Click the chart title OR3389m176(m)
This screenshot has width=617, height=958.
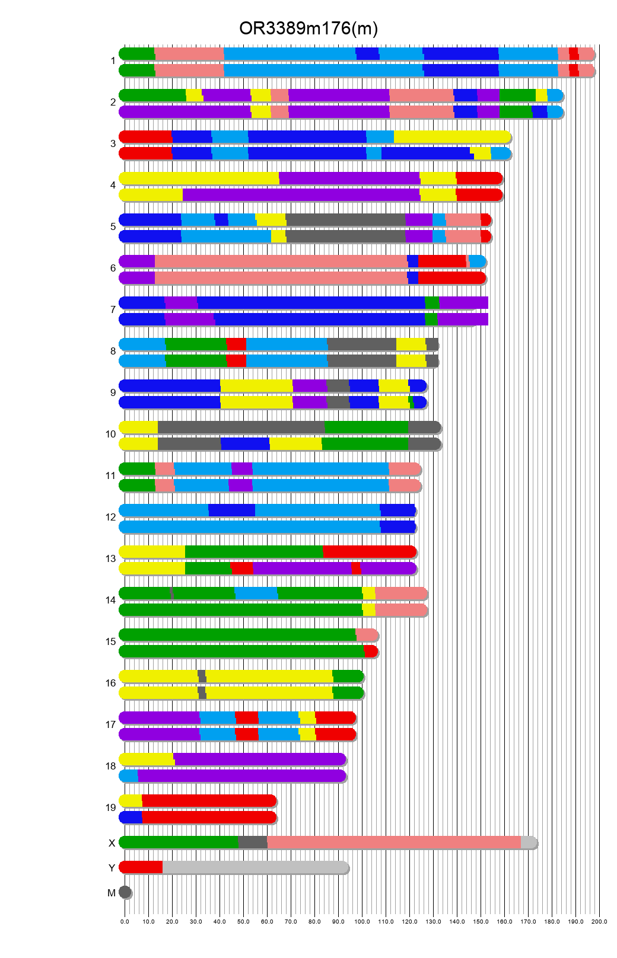(308, 28)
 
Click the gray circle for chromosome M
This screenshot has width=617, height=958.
(125, 892)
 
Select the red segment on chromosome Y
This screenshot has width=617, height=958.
(141, 867)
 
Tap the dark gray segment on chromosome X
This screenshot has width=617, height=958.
(253, 842)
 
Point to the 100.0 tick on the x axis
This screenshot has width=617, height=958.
(362, 922)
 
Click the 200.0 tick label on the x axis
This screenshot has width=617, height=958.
(599, 922)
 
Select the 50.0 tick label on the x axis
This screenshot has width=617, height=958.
(243, 922)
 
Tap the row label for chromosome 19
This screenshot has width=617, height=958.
(111, 807)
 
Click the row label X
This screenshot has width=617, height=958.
(112, 843)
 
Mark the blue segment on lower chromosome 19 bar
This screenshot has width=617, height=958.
(131, 818)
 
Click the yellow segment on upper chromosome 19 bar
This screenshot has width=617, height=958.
(131, 801)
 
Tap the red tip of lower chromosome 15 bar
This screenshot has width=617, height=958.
(371, 652)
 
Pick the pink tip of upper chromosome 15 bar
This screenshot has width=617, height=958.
(367, 635)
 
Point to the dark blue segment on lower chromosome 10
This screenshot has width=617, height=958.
(245, 444)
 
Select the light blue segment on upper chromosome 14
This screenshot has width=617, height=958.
(256, 593)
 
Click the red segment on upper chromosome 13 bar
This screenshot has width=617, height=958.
(369, 552)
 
